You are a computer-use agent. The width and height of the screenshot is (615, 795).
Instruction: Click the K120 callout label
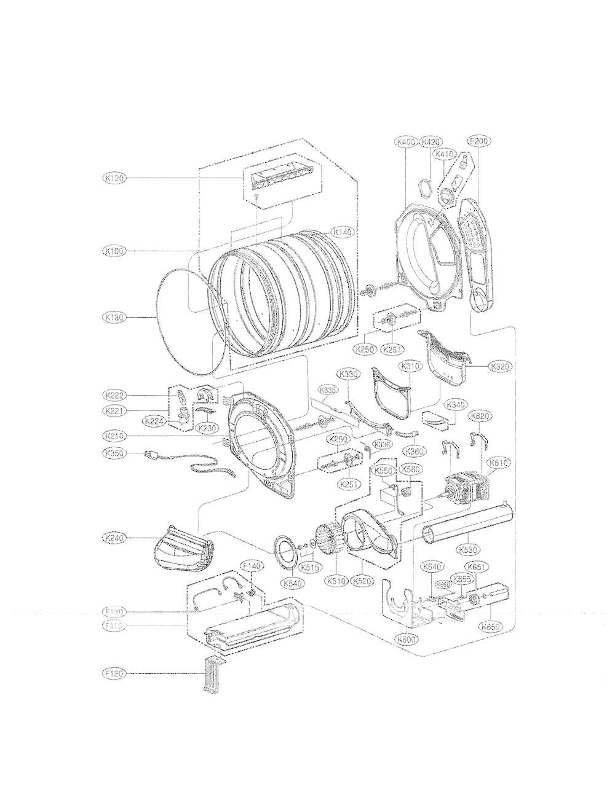(115, 178)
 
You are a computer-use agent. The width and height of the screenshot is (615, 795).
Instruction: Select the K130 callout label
(115, 318)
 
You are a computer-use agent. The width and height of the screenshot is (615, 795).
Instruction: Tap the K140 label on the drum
(343, 232)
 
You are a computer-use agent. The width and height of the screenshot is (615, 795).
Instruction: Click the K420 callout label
(431, 142)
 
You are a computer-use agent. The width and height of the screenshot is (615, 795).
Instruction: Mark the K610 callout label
(498, 463)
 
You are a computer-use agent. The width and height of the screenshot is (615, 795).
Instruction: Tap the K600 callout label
(407, 639)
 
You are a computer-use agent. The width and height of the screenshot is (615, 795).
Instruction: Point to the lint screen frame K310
(391, 393)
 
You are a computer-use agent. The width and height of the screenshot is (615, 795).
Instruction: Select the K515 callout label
(311, 568)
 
